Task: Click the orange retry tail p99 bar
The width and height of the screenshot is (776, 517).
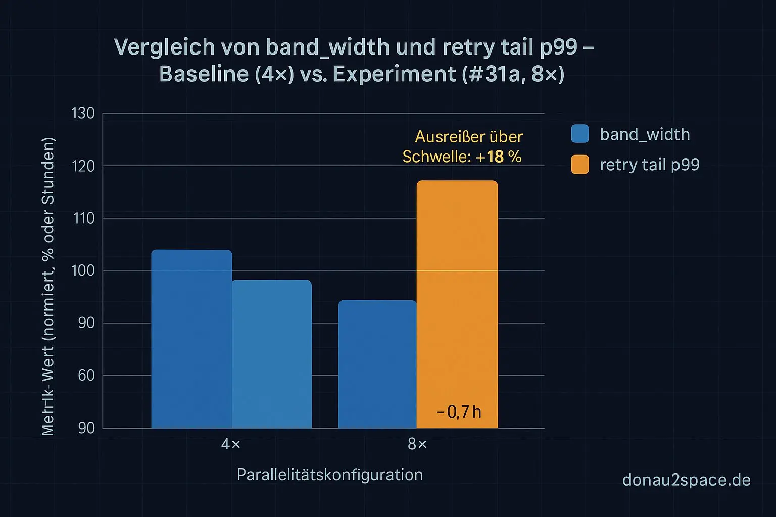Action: [457, 303]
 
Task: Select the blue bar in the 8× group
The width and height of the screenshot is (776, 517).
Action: [377, 364]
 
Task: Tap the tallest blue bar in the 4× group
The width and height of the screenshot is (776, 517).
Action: [191, 338]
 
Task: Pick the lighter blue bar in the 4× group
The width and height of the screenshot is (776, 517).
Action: [272, 353]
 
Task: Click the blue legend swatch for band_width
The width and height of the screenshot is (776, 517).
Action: [580, 134]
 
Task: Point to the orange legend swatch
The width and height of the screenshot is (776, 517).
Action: [580, 165]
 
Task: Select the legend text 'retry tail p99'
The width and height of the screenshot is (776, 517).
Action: [649, 165]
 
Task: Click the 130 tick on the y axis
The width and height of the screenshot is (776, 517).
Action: [83, 113]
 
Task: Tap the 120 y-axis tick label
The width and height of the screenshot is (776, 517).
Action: [83, 166]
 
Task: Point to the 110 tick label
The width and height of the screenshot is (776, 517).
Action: [83, 218]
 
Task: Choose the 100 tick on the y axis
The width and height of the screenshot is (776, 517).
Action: [83, 271]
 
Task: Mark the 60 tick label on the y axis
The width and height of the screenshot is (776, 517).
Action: [86, 375]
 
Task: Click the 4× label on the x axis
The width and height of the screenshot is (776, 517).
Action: [231, 444]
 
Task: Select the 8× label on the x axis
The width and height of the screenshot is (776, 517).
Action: [417, 444]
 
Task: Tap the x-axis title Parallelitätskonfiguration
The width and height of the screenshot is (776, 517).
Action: [329, 475]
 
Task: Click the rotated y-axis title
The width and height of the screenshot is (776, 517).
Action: [48, 286]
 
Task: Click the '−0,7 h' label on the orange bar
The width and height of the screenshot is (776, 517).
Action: [459, 412]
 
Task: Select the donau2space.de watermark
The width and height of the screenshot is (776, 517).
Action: [686, 480]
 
